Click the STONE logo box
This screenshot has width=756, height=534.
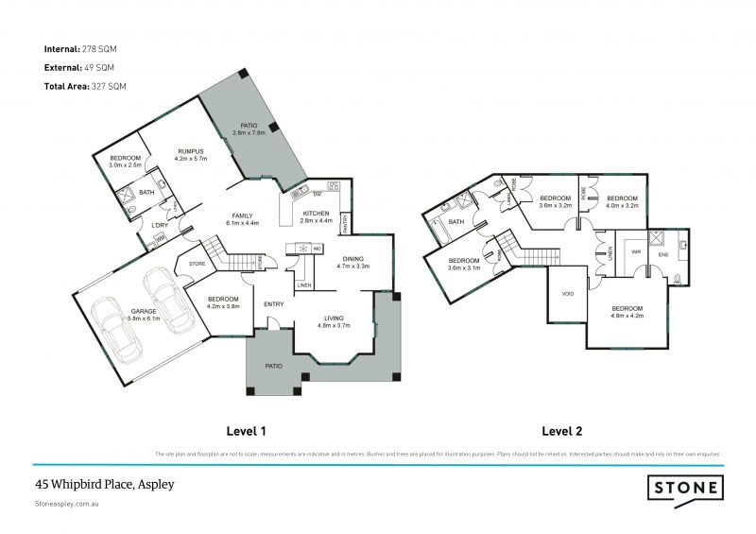[685, 488]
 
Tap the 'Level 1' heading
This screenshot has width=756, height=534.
[244, 431]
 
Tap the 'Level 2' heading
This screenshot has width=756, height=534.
[561, 431]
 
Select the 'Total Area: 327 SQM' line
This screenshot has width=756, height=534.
[84, 86]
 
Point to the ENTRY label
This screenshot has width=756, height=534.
[274, 303]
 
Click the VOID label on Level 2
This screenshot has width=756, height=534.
[567, 294]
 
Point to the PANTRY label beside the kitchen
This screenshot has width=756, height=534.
[346, 223]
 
